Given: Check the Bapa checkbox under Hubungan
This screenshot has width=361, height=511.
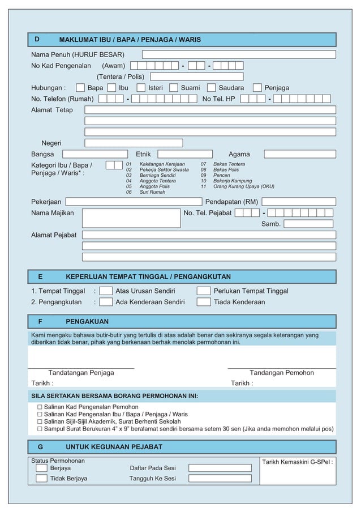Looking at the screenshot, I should tap(80, 88).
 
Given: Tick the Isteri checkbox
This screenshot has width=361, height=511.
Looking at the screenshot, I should tap(141, 88).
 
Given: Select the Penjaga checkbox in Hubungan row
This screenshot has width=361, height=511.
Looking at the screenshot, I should tap(257, 88).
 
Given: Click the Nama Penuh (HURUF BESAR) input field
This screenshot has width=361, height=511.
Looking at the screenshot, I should tap(238, 54).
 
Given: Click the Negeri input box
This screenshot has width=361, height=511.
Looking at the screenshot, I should tap(134, 143).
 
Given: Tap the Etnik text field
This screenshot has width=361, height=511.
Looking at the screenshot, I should tap(185, 154).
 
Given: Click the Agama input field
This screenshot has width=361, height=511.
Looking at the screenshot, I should tap(299, 154).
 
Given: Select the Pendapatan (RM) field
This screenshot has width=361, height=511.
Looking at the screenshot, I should tap(298, 202).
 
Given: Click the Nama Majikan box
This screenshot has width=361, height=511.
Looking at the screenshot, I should tap(131, 218).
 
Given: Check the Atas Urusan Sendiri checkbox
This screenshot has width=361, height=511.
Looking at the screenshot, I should tap(106, 291).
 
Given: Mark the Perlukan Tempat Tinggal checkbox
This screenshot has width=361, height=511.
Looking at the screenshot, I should tap(204, 291).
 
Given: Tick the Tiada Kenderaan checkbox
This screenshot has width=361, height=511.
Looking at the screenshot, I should tap(204, 302).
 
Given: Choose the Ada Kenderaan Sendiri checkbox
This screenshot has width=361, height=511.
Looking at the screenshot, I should tap(106, 302).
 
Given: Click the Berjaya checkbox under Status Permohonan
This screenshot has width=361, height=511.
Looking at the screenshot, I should tap(41, 468).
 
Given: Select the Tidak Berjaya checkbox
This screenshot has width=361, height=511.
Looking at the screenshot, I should tap(41, 479).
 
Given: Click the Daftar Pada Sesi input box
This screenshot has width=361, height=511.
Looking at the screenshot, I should tap(220, 468).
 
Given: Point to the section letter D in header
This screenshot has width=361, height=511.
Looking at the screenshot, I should tap(37, 40).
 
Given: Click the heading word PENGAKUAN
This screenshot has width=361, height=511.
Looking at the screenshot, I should tap(87, 322).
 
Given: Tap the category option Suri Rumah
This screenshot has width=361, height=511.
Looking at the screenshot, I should tap(152, 192).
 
